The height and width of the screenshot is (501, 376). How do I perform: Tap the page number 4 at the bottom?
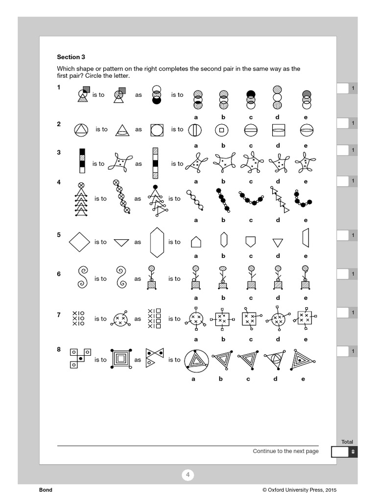tap(188, 475)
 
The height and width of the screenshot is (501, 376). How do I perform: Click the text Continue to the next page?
tap(285, 451)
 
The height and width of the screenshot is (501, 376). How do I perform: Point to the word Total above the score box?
tap(347, 442)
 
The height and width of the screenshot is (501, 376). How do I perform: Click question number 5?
tap(59, 235)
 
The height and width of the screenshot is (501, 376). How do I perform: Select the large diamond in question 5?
tap(80, 242)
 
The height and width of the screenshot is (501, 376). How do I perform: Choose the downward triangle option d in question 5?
tap(278, 242)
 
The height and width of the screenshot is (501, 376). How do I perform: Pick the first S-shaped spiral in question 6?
tap(82, 278)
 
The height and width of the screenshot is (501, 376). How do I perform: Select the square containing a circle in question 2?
tap(157, 130)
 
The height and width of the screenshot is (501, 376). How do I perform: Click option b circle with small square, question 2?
tap(222, 130)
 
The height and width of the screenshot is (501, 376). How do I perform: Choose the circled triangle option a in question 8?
tap(196, 361)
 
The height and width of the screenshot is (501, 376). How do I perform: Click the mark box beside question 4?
tap(342, 181)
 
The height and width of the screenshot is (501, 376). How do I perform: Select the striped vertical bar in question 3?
tap(156, 163)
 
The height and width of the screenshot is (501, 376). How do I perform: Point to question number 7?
tap(59, 315)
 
